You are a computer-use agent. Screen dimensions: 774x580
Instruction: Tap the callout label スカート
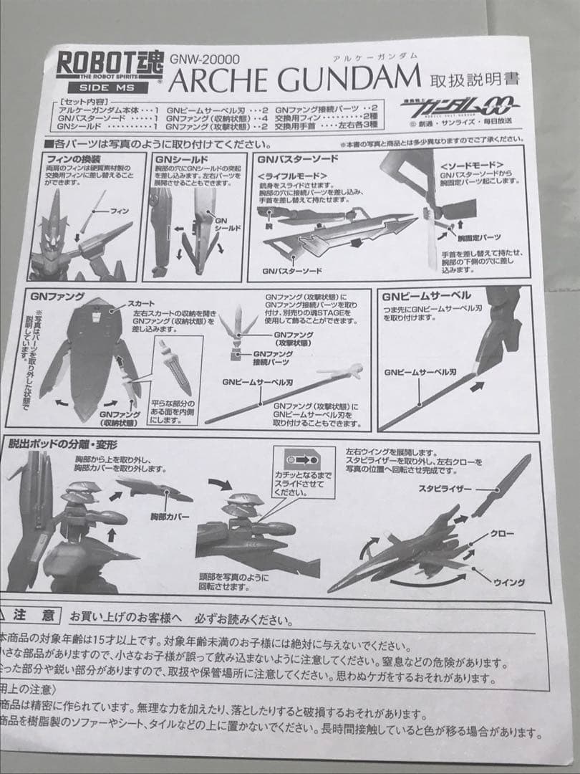pos(141,305)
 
